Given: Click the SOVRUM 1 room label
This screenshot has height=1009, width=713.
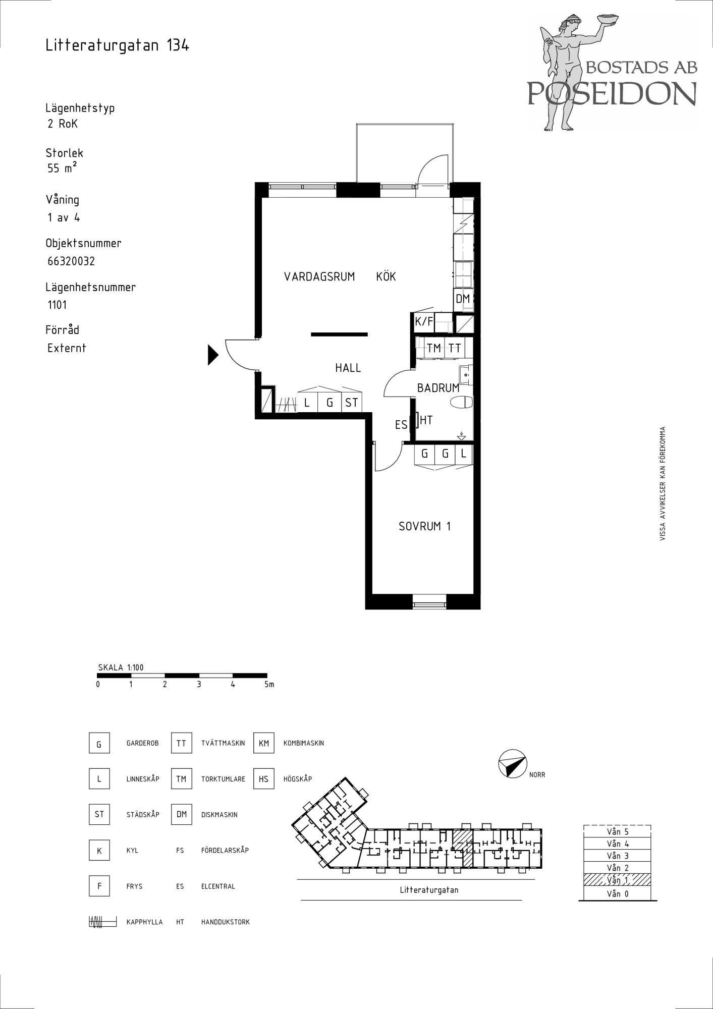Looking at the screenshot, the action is [424, 526].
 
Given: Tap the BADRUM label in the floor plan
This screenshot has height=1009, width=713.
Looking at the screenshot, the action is [438, 388].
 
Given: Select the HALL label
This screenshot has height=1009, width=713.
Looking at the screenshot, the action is [348, 368].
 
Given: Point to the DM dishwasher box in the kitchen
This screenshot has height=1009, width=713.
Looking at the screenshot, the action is [463, 299].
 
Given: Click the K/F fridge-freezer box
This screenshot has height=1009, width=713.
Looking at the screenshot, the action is [424, 322].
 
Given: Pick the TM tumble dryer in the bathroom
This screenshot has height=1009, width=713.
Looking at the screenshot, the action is [433, 348].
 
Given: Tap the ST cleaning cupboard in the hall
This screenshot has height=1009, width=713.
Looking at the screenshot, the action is [351, 402].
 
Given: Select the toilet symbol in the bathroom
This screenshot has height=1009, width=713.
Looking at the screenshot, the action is [461, 402].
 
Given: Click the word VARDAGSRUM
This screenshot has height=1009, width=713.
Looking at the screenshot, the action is [319, 276].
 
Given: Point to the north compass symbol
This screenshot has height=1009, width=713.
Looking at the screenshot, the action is [512, 764].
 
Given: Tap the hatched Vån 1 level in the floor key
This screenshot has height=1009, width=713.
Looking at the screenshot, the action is [617, 880].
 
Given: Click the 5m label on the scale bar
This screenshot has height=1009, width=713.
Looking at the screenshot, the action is [269, 685].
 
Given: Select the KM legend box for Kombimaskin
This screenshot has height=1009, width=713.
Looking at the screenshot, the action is [264, 743].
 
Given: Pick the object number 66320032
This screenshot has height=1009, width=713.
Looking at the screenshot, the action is [71, 261].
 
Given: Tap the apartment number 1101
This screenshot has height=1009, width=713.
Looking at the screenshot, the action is [57, 305].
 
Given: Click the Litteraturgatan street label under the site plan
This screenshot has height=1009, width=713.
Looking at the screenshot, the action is [429, 890].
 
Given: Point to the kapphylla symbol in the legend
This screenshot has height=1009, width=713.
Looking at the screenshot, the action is [102, 922].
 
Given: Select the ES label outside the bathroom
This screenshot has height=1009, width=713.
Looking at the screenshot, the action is [401, 425].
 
